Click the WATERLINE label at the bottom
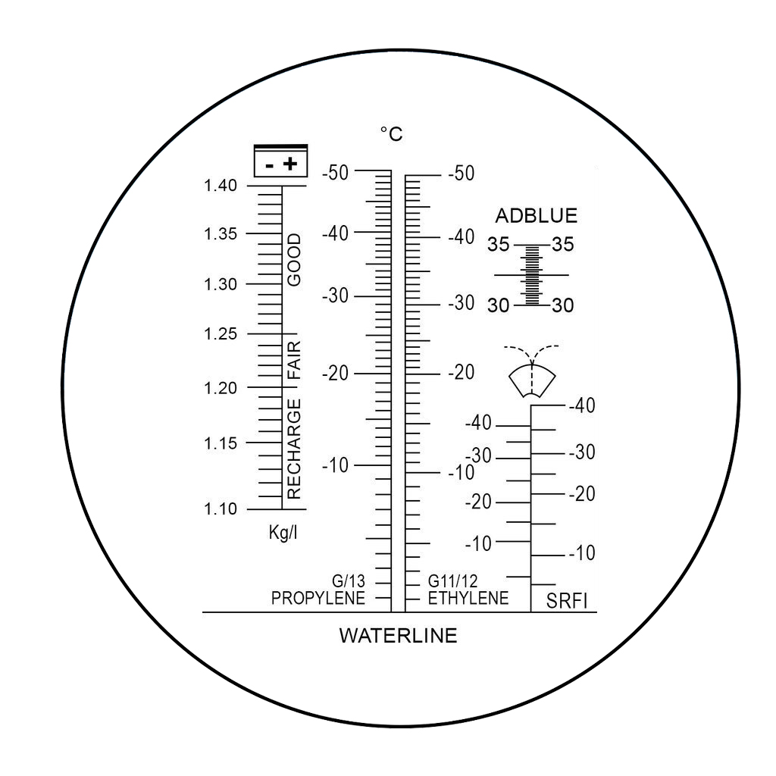pos(398,636)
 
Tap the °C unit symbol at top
pos(392,133)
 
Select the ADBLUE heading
pos(536,216)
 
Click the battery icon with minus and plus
pos(280,161)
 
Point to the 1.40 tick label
pos(221,186)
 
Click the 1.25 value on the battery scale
pos(221,334)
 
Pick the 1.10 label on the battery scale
pos(221,508)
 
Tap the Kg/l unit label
pos(283,533)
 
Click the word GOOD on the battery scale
pos(294,260)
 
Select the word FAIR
pos(294,360)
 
